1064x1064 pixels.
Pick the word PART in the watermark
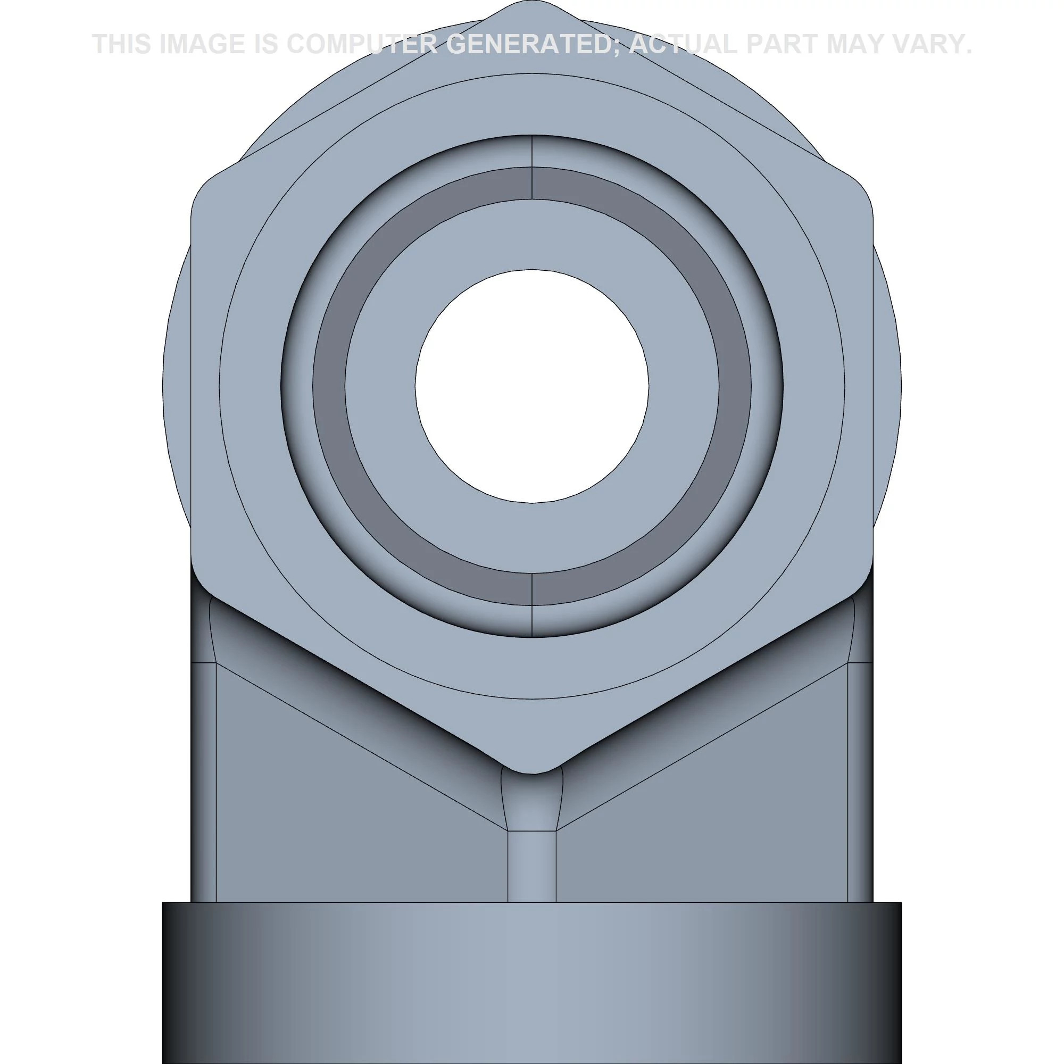point(783,44)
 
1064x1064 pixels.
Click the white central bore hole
point(532,386)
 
